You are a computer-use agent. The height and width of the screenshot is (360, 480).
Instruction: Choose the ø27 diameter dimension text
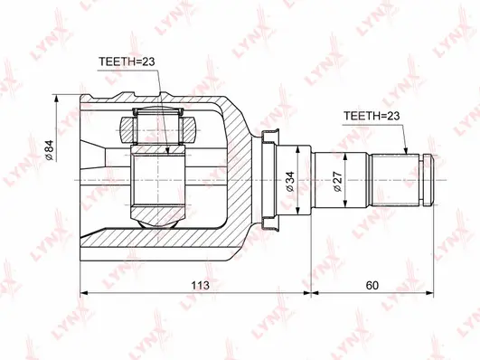pyautogui.click(x=335, y=184)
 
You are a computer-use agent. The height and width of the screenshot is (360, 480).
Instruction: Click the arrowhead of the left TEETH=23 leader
pyautogui.click(x=169, y=149)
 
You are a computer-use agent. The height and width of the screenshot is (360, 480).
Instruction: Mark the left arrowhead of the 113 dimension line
pyautogui.click(x=85, y=294)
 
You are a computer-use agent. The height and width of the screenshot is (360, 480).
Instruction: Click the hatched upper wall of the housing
pyautogui.click(x=217, y=113)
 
